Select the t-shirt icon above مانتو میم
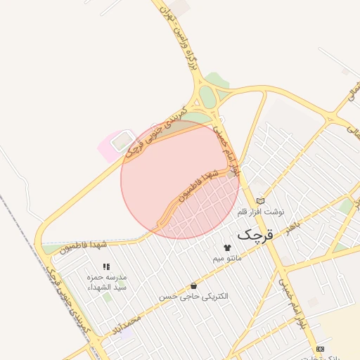226,247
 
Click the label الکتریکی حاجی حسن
193,296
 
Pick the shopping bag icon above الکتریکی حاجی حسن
193,285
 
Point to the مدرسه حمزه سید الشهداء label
106,282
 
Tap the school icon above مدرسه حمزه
106,267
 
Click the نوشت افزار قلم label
261,211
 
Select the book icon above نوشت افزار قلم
261,201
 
